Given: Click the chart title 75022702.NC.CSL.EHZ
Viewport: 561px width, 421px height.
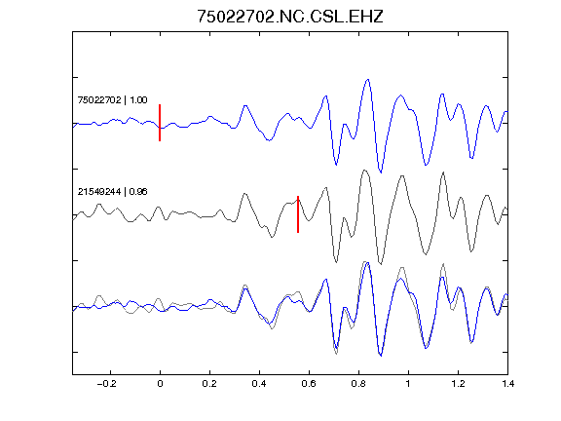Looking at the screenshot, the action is pyautogui.click(x=290, y=17).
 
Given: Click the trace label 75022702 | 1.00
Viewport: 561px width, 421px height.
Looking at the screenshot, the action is pyautogui.click(x=112, y=99).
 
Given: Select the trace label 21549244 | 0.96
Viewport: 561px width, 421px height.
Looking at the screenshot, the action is pyautogui.click(x=112, y=192).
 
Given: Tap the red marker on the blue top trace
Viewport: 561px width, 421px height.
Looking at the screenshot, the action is pyautogui.click(x=160, y=123).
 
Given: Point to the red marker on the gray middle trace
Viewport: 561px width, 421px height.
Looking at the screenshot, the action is pyautogui.click(x=298, y=214).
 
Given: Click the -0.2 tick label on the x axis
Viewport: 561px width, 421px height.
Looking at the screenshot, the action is pyautogui.click(x=106, y=384).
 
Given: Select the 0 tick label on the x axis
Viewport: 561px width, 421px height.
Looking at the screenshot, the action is pyautogui.click(x=160, y=384).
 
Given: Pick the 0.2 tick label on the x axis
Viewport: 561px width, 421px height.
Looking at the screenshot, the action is pyautogui.click(x=209, y=384).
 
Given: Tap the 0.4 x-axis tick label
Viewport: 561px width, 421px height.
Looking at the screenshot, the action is pyautogui.click(x=259, y=384).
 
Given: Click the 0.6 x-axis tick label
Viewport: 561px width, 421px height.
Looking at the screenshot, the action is pyautogui.click(x=309, y=384).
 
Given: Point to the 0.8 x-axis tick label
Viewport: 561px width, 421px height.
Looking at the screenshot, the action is pyautogui.click(x=358, y=384).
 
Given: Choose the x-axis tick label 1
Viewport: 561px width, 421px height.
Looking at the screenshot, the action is pyautogui.click(x=408, y=384).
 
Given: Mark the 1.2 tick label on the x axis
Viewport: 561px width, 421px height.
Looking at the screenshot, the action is pyautogui.click(x=458, y=384).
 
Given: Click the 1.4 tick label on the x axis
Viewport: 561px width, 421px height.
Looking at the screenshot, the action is pyautogui.click(x=507, y=384).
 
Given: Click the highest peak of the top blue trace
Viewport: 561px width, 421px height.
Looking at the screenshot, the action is pyautogui.click(x=367, y=80).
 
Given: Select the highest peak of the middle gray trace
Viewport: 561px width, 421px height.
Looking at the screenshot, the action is pyautogui.click(x=364, y=170).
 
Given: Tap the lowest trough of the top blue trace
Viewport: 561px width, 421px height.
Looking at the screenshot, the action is pyautogui.click(x=381, y=172).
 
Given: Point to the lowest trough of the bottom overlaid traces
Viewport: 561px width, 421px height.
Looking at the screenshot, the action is pyautogui.click(x=381, y=356).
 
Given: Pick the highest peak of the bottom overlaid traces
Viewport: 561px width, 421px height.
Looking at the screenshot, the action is pyautogui.click(x=364, y=262).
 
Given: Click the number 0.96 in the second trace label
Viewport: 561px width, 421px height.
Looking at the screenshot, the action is pyautogui.click(x=138, y=192).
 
